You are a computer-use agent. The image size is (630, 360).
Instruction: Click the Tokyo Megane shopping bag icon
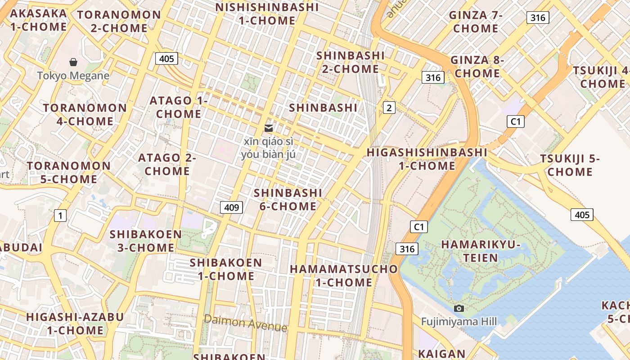click(x=73, y=62)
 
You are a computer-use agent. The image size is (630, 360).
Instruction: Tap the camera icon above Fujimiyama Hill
click(x=459, y=308)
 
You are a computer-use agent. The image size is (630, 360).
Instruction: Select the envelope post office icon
click(x=269, y=128)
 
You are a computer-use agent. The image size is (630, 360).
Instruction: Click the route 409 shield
click(x=231, y=207)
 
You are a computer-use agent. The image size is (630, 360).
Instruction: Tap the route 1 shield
click(x=60, y=216)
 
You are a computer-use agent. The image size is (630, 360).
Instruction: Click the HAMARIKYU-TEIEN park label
click(x=481, y=251)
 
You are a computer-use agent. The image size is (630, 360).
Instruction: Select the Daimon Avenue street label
click(x=245, y=323)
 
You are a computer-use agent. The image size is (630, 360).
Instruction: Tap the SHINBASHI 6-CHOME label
click(x=288, y=199)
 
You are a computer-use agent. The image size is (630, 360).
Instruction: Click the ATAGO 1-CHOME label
click(x=179, y=107)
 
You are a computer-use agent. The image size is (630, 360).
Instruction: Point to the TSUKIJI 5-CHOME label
click(x=570, y=165)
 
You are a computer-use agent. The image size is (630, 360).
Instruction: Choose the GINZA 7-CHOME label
click(x=476, y=22)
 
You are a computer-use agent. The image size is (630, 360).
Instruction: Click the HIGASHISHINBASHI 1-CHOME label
click(x=427, y=159)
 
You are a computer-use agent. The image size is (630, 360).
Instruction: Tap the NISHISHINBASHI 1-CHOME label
click(x=267, y=14)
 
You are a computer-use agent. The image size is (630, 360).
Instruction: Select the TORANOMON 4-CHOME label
click(x=85, y=114)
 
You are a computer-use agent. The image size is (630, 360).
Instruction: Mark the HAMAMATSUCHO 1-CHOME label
click(x=344, y=275)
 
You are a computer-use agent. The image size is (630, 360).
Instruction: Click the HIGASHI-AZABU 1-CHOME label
click(x=75, y=323)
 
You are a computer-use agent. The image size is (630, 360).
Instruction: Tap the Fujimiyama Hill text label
click(x=459, y=321)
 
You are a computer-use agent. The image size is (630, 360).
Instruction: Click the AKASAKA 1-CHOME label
click(x=38, y=20)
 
